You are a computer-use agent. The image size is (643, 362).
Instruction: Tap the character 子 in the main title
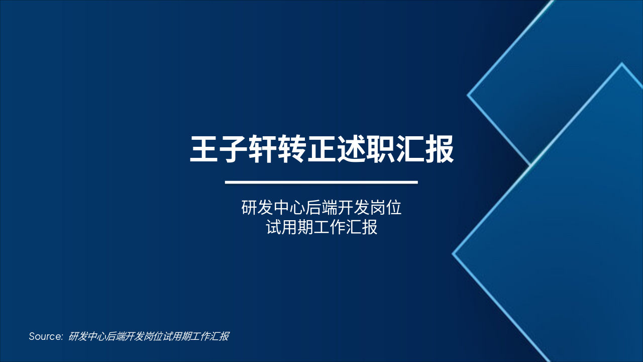[x=234, y=148]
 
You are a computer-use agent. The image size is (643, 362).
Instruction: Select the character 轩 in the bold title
[x=263, y=148]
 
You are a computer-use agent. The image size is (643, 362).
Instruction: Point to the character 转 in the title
[x=292, y=148]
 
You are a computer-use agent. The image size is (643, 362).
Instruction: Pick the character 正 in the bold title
[x=321, y=148]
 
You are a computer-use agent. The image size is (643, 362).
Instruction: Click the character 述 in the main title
[x=351, y=148]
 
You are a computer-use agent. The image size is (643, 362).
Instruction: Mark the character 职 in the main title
[x=380, y=148]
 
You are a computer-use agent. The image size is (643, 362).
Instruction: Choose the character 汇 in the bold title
[x=410, y=148]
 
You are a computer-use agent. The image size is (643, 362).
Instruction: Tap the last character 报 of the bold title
[x=439, y=148]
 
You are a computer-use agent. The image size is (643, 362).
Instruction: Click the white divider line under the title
[x=321, y=182]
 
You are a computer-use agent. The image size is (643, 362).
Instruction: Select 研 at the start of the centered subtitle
[x=249, y=208]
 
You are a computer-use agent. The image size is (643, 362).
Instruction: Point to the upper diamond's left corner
[x=468, y=95]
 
